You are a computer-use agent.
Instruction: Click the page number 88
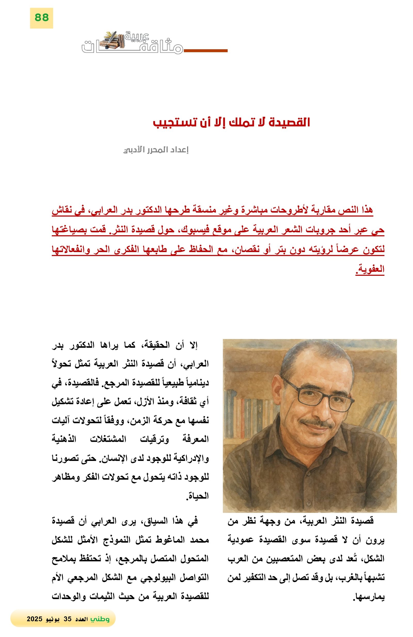[x=41, y=18]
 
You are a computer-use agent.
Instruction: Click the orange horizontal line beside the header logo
[x=205, y=51]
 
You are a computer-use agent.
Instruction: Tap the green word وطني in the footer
[x=100, y=619]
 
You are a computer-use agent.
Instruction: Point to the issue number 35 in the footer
[x=68, y=619]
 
